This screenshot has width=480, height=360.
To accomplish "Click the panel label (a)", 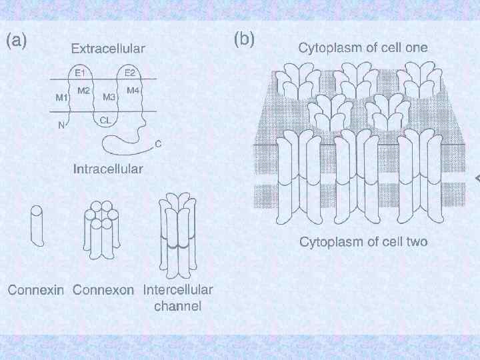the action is point(17,41).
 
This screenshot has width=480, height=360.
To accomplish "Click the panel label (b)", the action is point(244,39).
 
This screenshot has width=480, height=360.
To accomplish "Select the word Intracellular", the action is point(107,169).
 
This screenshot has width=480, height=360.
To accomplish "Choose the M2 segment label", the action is point(84,91).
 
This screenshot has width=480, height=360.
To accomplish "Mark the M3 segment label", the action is point(109,97).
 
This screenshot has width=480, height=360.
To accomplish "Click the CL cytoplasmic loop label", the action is point(105,121).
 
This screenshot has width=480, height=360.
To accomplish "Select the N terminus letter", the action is point(61,124).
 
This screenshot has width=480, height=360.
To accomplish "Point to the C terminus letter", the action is point(158,143).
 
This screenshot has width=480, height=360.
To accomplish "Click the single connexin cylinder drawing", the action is point(37,227).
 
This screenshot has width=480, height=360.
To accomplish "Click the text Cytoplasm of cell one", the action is point(363,47).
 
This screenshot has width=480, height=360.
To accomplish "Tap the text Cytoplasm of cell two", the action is point(363,241).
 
